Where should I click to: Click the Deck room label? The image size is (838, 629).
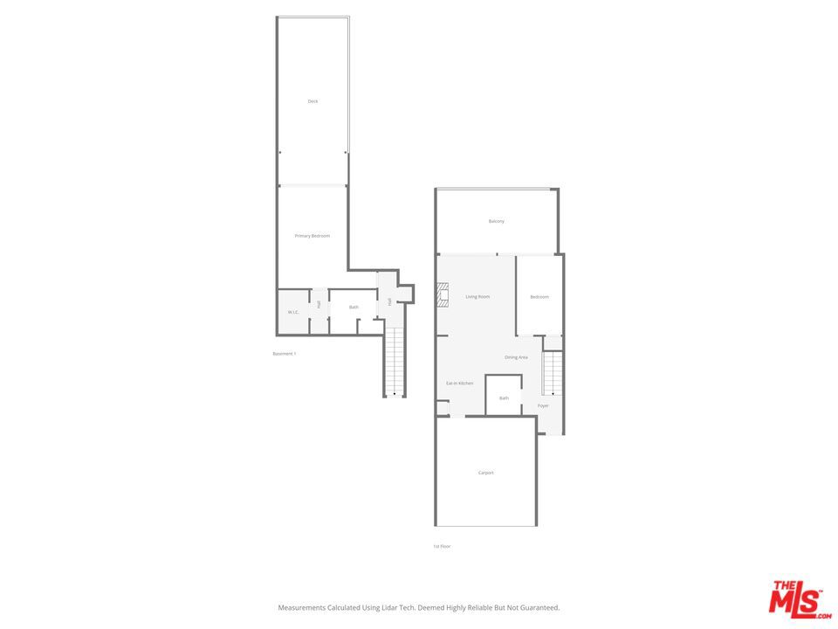pyautogui.click(x=313, y=101)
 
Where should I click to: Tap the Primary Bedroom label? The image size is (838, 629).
pyautogui.click(x=312, y=236)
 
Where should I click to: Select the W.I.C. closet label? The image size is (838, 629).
pyautogui.click(x=293, y=312)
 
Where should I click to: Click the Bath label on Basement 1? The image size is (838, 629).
pyautogui.click(x=354, y=308)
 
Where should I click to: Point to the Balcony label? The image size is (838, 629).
pyautogui.click(x=496, y=221)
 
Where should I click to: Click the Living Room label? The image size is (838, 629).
pyautogui.click(x=477, y=297)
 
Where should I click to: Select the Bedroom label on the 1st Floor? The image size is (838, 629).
pyautogui.click(x=539, y=297)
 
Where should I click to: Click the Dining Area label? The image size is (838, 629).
pyautogui.click(x=516, y=357)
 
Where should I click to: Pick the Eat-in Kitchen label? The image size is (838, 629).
pyautogui.click(x=459, y=384)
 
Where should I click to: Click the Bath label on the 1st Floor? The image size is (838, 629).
pyautogui.click(x=504, y=398)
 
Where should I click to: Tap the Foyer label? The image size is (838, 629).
pyautogui.click(x=543, y=405)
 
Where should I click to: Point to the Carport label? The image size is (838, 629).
pyautogui.click(x=485, y=473)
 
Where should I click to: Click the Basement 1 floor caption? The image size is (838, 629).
pyautogui.click(x=285, y=354)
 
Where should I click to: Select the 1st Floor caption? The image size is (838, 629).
pyautogui.click(x=442, y=546)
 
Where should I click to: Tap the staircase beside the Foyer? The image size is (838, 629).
pyautogui.click(x=553, y=373)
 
